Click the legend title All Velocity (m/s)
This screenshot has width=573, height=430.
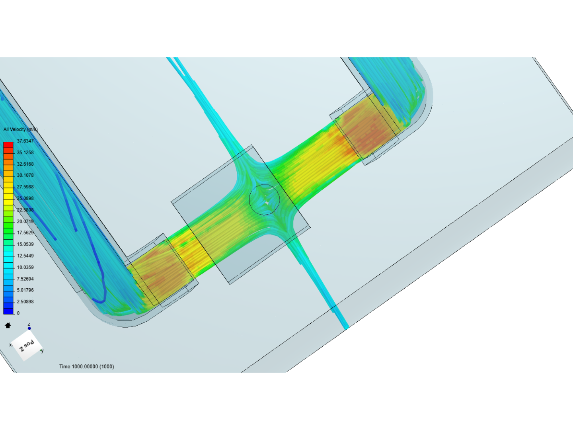point(20,129)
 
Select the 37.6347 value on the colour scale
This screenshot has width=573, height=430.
point(25,141)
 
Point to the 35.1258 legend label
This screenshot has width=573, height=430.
point(25,152)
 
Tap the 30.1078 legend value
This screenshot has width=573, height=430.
point(25,175)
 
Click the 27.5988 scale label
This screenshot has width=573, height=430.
point(25,187)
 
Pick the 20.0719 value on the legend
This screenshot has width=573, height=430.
point(25,221)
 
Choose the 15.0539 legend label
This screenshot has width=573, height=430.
point(25,244)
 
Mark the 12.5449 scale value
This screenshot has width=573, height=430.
point(25,256)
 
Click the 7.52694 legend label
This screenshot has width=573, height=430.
point(25,279)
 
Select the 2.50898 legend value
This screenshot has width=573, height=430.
point(25,301)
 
